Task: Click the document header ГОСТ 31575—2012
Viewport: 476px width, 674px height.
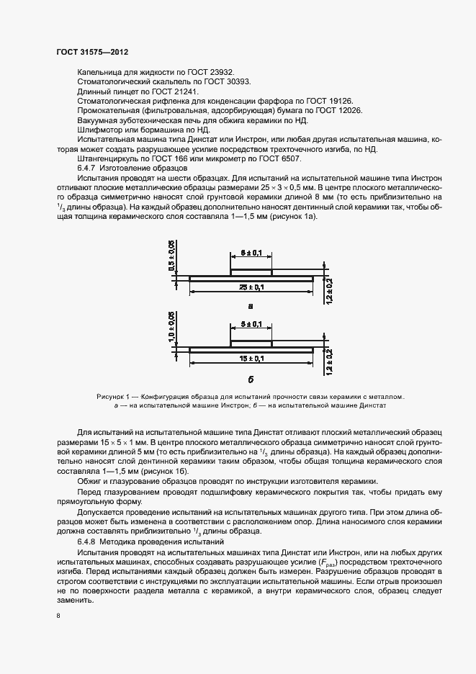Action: (92, 53)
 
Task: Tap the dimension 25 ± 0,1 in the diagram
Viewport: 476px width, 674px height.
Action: (250, 287)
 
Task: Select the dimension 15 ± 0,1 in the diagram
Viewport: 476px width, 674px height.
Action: (250, 358)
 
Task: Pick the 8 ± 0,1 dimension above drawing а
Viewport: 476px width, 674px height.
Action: (251, 253)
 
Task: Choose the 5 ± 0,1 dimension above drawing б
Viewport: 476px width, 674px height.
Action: (251, 325)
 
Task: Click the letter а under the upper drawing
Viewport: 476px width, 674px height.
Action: (251, 305)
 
